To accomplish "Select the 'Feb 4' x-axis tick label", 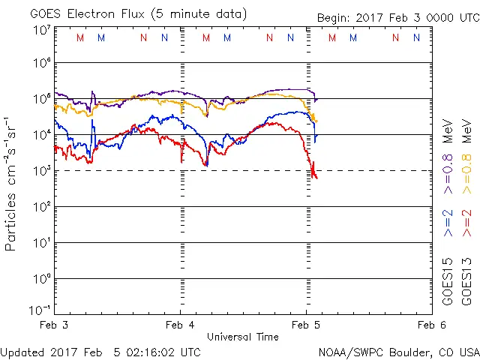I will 181,325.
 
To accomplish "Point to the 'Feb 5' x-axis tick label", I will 306,325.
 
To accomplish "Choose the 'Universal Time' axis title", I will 243,337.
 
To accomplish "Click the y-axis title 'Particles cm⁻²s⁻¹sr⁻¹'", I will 11,183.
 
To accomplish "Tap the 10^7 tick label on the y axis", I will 42,30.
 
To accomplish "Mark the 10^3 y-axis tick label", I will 42,170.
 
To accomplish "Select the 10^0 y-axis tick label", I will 42,278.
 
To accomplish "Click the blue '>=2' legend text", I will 448,223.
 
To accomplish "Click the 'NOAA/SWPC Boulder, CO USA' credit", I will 398,352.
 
